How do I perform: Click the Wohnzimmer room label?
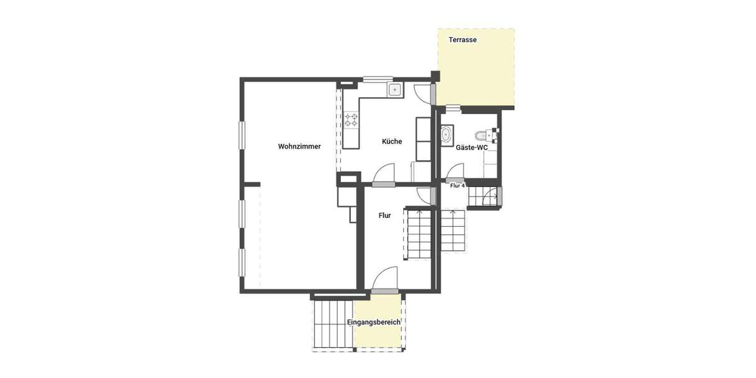click(299, 146)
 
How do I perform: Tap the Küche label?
click(392, 142)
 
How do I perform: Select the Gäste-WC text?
click(472, 147)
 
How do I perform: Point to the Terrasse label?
click(462, 40)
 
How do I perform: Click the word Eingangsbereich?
click(374, 323)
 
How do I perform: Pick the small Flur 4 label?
click(457, 186)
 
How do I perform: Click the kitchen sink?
click(395, 90)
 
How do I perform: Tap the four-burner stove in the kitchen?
click(351, 120)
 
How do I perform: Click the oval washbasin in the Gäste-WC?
click(447, 134)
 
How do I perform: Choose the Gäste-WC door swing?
click(455, 171)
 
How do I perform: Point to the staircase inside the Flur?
click(417, 233)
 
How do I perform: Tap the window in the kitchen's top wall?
click(377, 79)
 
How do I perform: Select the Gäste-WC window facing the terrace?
click(454, 108)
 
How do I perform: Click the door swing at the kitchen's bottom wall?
click(384, 173)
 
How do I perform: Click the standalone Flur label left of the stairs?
click(384, 215)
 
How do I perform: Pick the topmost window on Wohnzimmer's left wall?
click(241, 139)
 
